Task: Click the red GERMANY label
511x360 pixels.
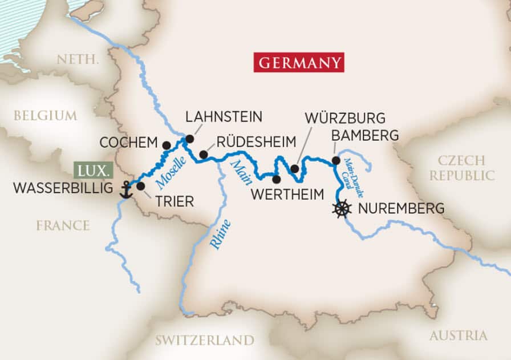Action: click(x=300, y=62)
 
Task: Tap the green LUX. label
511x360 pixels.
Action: click(x=94, y=171)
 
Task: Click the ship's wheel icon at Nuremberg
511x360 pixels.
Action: click(x=341, y=209)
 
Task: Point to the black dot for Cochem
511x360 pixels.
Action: click(x=166, y=145)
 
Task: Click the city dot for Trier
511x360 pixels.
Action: click(x=140, y=186)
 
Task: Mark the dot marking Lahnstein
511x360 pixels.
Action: click(x=189, y=139)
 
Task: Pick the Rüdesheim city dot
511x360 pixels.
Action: click(x=203, y=154)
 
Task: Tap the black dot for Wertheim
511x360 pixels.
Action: click(x=276, y=179)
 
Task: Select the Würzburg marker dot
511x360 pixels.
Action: click(x=294, y=168)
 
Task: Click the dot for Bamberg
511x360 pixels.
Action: click(x=336, y=161)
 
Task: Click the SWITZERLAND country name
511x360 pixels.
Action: click(x=204, y=340)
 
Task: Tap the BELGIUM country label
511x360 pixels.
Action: click(x=45, y=115)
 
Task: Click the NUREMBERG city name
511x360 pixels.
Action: click(x=400, y=209)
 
